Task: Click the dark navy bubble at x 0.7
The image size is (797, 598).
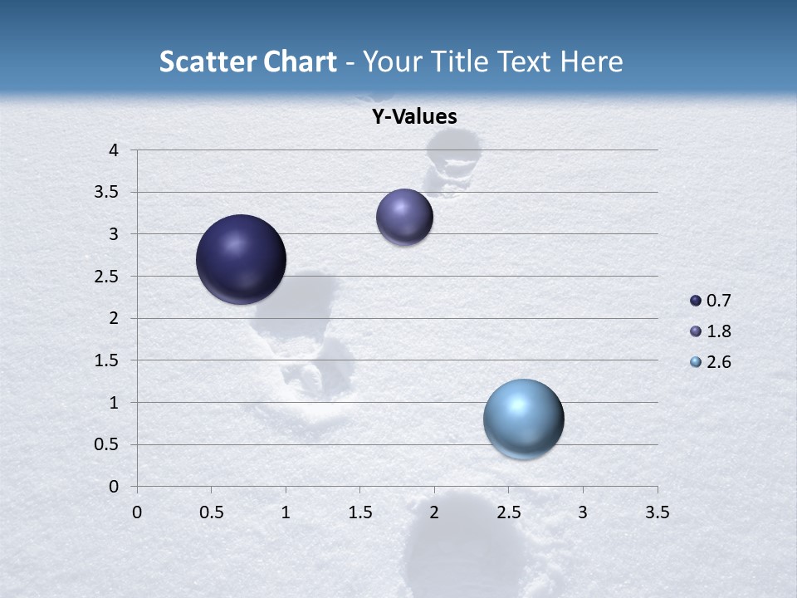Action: [241, 259]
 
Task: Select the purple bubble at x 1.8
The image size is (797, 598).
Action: [404, 217]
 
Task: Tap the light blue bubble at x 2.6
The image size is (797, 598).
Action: [523, 419]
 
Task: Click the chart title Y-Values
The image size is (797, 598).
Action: [414, 117]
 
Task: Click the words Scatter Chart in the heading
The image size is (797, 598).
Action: [247, 61]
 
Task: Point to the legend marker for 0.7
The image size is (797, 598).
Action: [696, 301]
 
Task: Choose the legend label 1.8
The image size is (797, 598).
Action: [718, 331]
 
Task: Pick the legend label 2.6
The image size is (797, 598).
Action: [718, 362]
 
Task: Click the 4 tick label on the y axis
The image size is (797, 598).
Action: [114, 150]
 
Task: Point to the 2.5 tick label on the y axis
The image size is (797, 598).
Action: [107, 277]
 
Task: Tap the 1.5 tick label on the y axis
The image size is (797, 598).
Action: [107, 360]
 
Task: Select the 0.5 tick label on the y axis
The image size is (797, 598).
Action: [107, 444]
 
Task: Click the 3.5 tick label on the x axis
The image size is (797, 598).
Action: [657, 512]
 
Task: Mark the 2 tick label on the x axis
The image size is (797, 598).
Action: [434, 512]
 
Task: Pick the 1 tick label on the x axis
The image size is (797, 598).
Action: [286, 512]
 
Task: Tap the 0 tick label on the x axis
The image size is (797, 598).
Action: [137, 512]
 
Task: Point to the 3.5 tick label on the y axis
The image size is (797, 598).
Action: [107, 193]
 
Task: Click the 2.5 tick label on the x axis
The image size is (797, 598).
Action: [508, 512]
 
